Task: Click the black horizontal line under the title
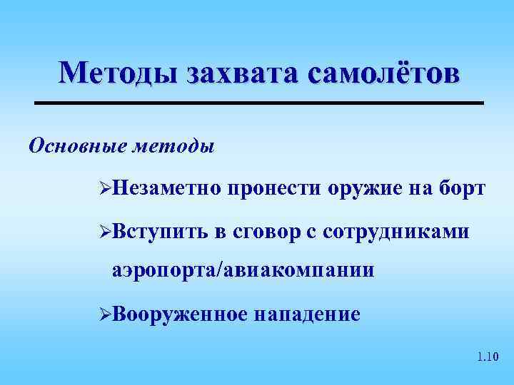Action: pos(260,104)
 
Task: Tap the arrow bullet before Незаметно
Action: pos(104,189)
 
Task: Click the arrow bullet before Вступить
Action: pos(104,232)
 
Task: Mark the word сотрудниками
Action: pos(396,231)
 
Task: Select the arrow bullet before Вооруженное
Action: pos(104,314)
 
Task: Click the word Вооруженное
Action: pos(180,314)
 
